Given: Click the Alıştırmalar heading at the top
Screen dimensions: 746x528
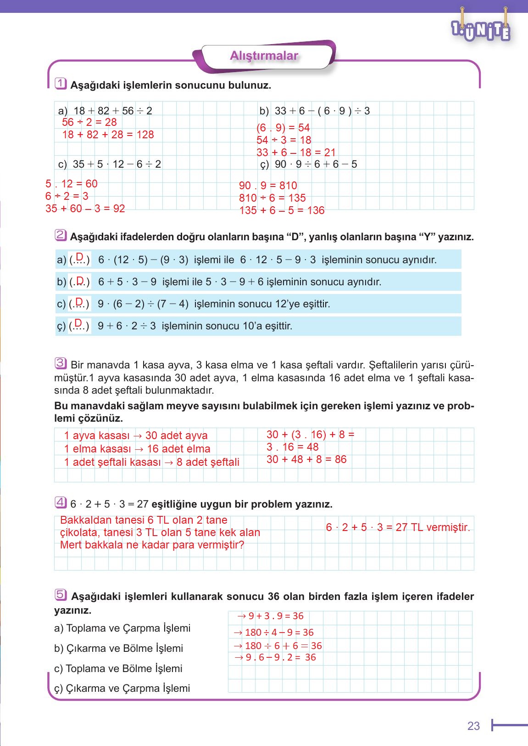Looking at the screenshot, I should (264, 56).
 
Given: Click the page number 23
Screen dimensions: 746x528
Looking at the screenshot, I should (473, 726).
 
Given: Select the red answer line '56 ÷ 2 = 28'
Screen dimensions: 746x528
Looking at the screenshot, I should (89, 122).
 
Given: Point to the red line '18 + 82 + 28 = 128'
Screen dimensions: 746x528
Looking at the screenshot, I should (108, 135).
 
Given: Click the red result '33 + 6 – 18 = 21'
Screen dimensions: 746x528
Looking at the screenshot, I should (296, 153).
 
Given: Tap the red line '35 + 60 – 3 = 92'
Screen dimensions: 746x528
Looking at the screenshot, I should (85, 209).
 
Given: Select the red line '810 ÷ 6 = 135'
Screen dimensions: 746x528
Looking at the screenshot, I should (272, 198).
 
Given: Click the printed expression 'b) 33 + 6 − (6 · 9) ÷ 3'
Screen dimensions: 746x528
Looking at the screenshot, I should (315, 111).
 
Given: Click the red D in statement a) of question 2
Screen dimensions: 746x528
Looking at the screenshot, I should (79, 256).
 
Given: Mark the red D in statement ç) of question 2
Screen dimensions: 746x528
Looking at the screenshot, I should (78, 323).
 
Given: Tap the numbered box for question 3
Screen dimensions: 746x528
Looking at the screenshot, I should (61, 363).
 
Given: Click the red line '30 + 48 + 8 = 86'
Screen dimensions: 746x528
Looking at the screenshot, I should (306, 459).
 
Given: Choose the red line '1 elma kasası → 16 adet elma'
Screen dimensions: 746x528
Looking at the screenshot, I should (137, 449).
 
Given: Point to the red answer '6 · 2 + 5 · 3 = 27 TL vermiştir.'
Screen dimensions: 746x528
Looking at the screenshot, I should (398, 527).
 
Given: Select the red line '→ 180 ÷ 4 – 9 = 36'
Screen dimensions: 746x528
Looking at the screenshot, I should (273, 633).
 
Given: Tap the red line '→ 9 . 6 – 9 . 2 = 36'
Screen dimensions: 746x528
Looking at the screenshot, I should (275, 657).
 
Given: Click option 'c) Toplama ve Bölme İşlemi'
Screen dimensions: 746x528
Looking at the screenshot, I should (118, 668).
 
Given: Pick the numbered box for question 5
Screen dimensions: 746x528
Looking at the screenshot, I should (60, 594).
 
